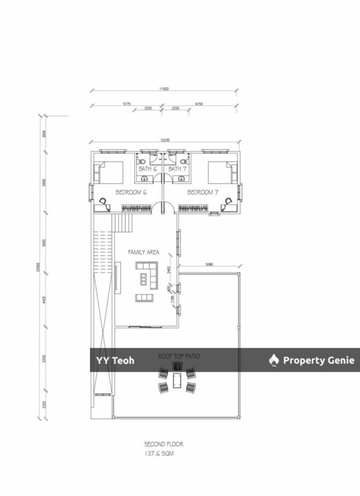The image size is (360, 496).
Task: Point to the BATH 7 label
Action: click(178, 169)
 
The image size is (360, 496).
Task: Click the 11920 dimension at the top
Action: click(165, 89)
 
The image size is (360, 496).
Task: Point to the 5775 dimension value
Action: click(127, 104)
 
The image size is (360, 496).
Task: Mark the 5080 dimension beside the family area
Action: click(210, 265)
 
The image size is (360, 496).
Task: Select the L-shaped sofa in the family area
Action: click(146, 275)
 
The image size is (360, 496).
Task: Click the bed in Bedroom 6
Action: click(108, 173)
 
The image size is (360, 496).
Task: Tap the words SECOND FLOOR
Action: click(163, 445)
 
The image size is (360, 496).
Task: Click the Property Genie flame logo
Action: click(274, 360)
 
